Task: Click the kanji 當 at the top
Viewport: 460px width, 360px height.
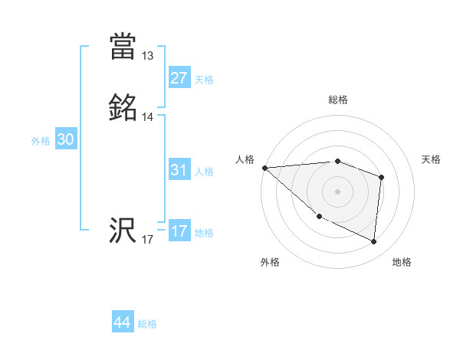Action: coord(123,46)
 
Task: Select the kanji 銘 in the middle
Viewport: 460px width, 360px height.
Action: coord(123,108)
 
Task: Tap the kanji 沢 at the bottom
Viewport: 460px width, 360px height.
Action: coord(123,231)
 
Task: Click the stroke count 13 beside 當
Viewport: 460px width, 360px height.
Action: coord(148,56)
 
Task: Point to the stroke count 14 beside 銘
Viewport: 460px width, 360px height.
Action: coord(148,117)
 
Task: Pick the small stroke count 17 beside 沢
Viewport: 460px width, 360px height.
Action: coord(148,241)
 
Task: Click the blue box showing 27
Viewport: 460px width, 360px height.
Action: coord(179,78)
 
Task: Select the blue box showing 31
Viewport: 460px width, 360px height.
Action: coord(179,171)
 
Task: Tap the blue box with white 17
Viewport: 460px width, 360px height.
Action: coord(179,232)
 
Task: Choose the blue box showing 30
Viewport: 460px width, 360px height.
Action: coord(66,139)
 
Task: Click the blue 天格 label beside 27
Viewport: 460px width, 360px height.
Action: coord(204,80)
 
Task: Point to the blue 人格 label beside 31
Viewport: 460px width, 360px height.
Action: coord(204,172)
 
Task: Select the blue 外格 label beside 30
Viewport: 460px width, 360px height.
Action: coord(41,141)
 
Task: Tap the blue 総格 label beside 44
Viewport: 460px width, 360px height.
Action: coord(147,324)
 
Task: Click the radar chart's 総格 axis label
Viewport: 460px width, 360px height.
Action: coord(338,100)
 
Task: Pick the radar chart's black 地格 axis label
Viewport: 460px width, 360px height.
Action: coord(402,263)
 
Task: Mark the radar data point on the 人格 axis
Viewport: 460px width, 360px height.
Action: coord(264,168)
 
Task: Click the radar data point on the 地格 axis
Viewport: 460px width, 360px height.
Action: coord(373,242)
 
